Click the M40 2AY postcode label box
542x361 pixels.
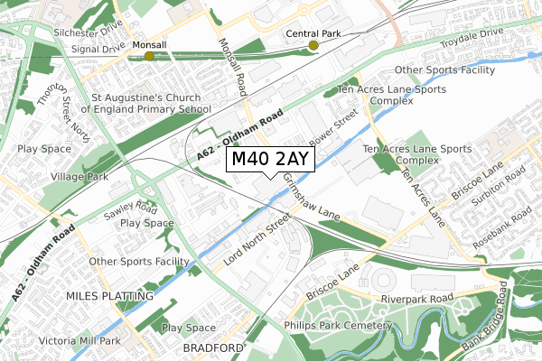point(270,160)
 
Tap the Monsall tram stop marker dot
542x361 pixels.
point(149,56)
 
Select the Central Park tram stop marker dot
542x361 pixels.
point(313,45)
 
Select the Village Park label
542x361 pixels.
point(79,177)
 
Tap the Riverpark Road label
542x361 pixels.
point(416,298)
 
